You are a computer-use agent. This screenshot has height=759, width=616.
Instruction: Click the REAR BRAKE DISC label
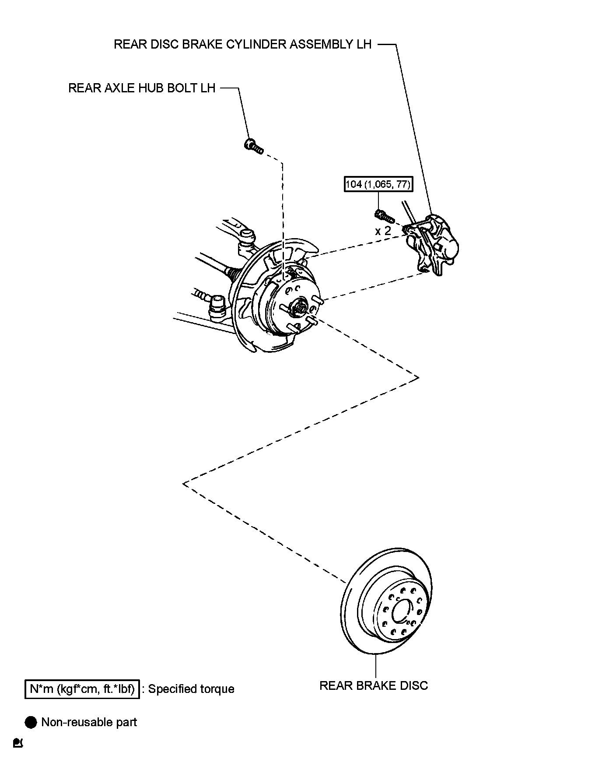pyautogui.click(x=374, y=685)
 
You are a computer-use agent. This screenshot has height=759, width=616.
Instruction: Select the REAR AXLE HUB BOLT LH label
pyautogui.click(x=142, y=88)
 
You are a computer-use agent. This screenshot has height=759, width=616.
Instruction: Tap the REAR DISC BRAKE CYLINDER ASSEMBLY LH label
pyautogui.click(x=242, y=44)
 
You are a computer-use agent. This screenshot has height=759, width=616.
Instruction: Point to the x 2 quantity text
pyautogui.click(x=383, y=231)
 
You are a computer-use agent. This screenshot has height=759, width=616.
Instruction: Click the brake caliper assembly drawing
pyautogui.click(x=431, y=244)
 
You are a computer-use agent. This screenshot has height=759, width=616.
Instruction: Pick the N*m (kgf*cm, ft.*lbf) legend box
pyautogui.click(x=82, y=689)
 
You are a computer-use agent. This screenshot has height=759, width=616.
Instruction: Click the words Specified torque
pyautogui.click(x=191, y=689)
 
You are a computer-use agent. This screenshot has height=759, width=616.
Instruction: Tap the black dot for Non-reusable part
pyautogui.click(x=31, y=722)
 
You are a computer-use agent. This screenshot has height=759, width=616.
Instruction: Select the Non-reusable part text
pyautogui.click(x=89, y=722)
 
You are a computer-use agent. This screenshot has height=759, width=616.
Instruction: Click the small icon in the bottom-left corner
pyautogui.click(x=18, y=742)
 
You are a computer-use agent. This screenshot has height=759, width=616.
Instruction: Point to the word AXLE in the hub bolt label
pyautogui.click(x=120, y=88)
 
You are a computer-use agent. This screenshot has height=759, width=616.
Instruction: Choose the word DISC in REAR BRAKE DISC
pyautogui.click(x=414, y=685)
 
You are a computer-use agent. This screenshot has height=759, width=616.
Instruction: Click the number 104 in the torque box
pyautogui.click(x=354, y=184)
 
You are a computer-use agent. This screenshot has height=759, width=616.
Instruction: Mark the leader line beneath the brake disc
pyautogui.click(x=376, y=666)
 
